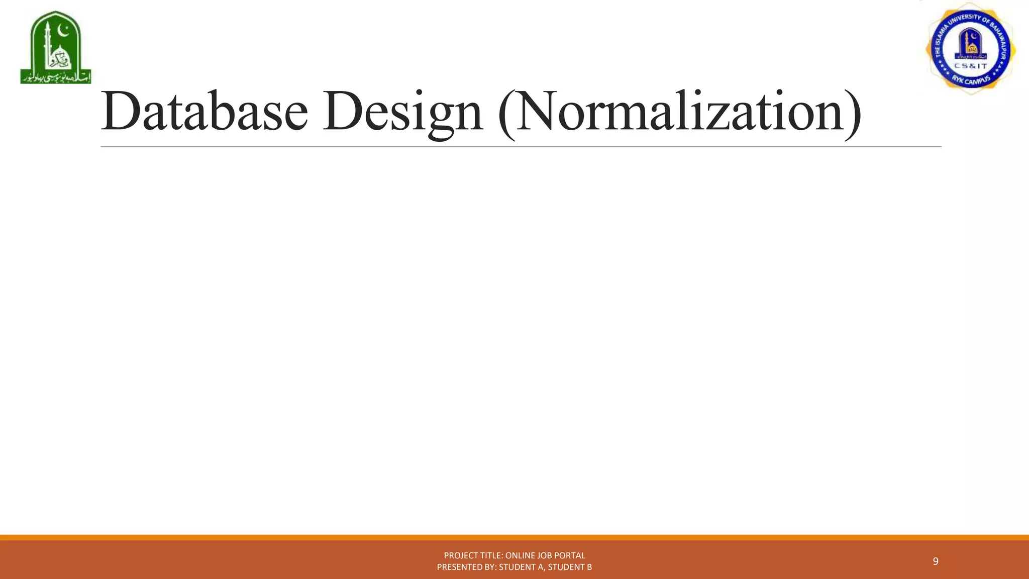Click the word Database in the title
click(204, 111)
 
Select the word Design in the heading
click(402, 112)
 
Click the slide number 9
click(935, 561)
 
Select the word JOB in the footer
click(545, 555)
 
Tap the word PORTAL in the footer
click(570, 555)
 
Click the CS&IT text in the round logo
click(970, 66)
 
